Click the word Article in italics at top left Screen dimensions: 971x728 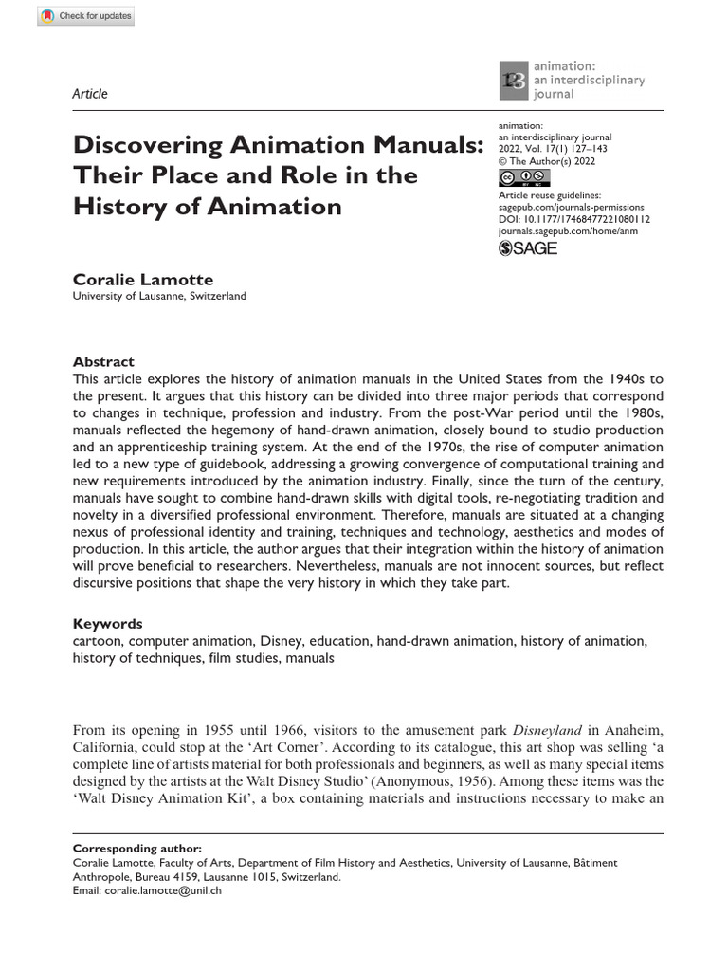click(x=90, y=93)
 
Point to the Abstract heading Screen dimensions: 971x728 click(x=103, y=361)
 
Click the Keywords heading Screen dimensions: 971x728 click(x=108, y=624)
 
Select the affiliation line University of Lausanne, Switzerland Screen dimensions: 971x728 click(x=159, y=296)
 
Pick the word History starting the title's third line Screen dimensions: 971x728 click(x=118, y=206)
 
